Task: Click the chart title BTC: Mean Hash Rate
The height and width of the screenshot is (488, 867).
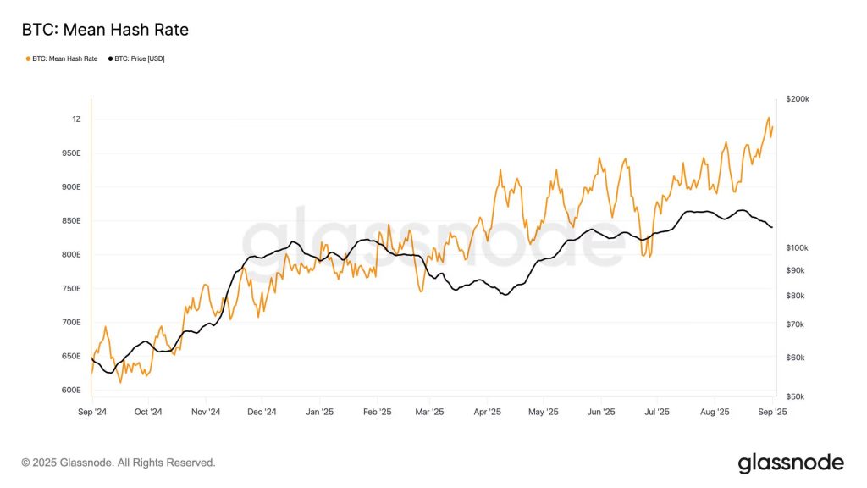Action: [x=105, y=30]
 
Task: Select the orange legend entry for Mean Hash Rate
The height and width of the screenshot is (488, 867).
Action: [x=64, y=58]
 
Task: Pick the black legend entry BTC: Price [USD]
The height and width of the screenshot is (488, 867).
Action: [x=138, y=58]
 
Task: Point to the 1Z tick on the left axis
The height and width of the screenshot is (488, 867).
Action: [x=76, y=119]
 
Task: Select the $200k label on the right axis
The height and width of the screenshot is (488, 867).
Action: [x=798, y=99]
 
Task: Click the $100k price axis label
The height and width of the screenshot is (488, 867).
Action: [x=798, y=247]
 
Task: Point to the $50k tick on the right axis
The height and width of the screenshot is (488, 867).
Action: [x=796, y=396]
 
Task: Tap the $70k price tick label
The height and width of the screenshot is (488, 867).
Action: [x=796, y=324]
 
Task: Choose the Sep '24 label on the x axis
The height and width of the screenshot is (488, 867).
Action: [x=91, y=413]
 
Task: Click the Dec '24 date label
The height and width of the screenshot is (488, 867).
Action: [x=262, y=413]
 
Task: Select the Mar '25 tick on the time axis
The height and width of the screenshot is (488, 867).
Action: [x=429, y=413]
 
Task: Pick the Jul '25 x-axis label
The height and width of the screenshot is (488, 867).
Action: [x=656, y=413]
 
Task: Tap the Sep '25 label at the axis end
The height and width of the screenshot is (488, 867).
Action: [x=771, y=413]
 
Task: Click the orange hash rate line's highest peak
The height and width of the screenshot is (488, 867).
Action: [x=768, y=118]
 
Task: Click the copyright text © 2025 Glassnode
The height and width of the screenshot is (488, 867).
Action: [x=119, y=463]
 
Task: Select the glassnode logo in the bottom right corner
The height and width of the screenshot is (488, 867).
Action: [x=791, y=463]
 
